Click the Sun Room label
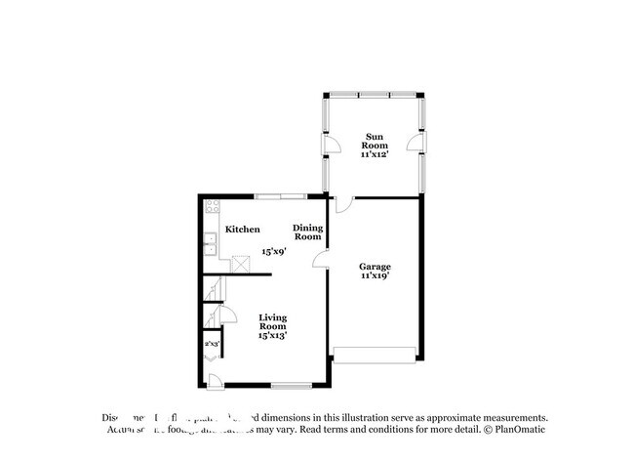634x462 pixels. click(x=374, y=141)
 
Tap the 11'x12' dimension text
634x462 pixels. click(x=374, y=154)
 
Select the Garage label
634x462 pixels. click(x=374, y=266)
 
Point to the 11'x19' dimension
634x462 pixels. click(x=374, y=275)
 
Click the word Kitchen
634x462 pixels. click(x=243, y=230)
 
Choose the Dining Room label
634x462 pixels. click(x=307, y=232)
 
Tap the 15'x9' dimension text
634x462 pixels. click(x=273, y=252)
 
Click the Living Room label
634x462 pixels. click(x=272, y=321)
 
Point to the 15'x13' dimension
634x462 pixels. click(x=272, y=336)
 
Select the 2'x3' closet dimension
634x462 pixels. click(x=211, y=344)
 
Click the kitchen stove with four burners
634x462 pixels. click(x=211, y=207)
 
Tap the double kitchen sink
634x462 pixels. click(x=210, y=244)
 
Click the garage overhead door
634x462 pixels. click(x=376, y=353)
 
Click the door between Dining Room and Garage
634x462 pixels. click(x=321, y=259)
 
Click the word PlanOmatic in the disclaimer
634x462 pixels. click(x=518, y=430)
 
